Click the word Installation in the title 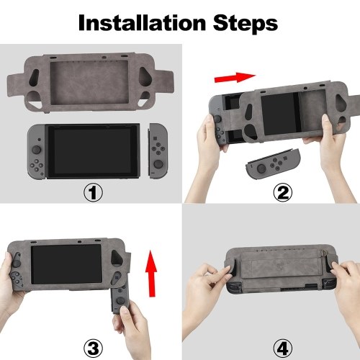142,22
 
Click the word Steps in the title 246,23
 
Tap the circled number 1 93,192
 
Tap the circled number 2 283,192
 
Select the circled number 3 93,348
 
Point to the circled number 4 283,348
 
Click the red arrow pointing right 235,77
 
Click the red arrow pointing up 151,274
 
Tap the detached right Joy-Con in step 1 158,151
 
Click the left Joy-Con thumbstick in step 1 36,150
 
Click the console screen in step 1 92,150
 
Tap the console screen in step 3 66,264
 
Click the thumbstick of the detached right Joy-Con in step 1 158,164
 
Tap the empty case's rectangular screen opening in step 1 89,83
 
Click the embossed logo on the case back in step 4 280,266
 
